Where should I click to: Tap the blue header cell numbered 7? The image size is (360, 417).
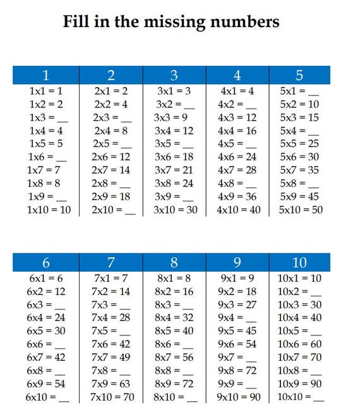coord(111,263)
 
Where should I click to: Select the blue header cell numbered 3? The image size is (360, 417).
coord(174,75)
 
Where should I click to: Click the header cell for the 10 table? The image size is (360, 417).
coord(299,263)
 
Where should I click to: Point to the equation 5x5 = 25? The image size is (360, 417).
coord(299,144)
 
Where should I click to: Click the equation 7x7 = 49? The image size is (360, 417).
coord(111,358)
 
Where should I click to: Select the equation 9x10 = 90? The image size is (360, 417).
coord(237,397)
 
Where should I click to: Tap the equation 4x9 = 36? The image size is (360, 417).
coord(237,196)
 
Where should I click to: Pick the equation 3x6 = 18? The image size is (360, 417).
coord(174,157)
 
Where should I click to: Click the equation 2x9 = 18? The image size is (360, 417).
coord(111,196)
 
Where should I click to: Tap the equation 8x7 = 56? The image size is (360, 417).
coord(174,358)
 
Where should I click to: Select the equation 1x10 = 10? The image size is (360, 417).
coord(49,210)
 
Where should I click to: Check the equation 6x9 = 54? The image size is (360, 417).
coord(46,384)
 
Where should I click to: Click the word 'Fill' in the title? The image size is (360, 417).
coord(78,22)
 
